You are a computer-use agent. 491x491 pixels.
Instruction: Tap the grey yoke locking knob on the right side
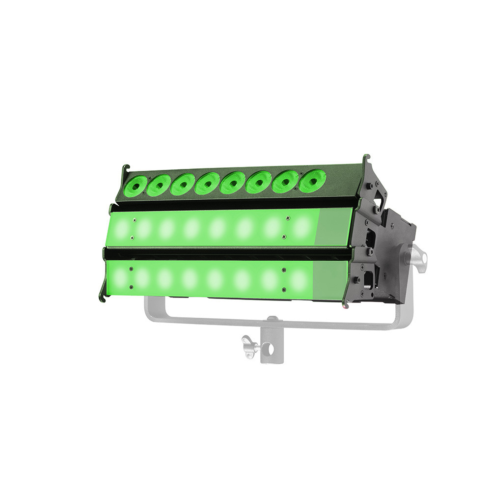click(418, 256)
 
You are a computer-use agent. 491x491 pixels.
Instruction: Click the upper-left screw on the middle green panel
click(134, 221)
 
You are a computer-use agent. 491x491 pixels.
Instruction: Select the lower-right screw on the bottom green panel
click(283, 288)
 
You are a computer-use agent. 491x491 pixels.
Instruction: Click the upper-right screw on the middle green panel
click(288, 218)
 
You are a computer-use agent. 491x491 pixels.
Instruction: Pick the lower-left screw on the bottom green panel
click(131, 287)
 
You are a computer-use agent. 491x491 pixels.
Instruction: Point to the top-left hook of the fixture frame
click(125, 170)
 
